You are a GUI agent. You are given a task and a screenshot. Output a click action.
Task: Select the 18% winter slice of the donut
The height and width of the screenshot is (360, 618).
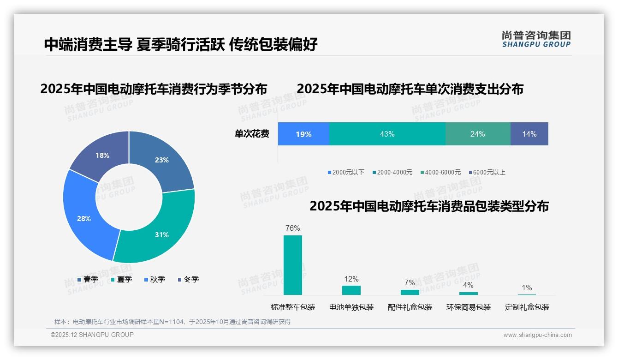click(101, 153)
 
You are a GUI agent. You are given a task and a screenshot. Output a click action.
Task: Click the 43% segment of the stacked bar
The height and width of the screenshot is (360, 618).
click(387, 134)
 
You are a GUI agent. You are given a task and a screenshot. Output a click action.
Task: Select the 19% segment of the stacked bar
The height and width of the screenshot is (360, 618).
click(303, 134)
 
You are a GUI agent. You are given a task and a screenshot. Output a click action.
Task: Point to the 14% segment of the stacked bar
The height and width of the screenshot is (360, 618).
click(529, 134)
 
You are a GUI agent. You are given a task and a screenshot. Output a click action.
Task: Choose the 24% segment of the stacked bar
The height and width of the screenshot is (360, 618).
click(477, 134)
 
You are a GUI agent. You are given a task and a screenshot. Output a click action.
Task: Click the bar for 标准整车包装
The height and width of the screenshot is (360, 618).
click(292, 265)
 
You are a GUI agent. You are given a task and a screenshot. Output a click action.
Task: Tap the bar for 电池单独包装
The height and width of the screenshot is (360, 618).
click(351, 290)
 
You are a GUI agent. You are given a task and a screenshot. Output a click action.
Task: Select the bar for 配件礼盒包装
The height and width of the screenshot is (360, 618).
click(410, 292)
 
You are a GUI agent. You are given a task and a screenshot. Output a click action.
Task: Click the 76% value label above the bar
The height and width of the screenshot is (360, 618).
click(292, 228)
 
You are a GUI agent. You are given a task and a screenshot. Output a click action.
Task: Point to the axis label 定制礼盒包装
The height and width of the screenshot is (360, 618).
click(527, 307)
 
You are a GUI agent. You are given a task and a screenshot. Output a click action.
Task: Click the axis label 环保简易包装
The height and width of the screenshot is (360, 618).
click(468, 307)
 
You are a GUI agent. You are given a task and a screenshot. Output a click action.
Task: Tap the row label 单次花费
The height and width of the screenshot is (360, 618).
click(252, 134)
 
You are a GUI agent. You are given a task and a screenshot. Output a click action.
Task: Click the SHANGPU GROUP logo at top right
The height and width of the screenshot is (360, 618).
click(536, 39)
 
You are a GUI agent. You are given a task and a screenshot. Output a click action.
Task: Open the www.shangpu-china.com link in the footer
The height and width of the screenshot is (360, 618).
click(537, 335)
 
